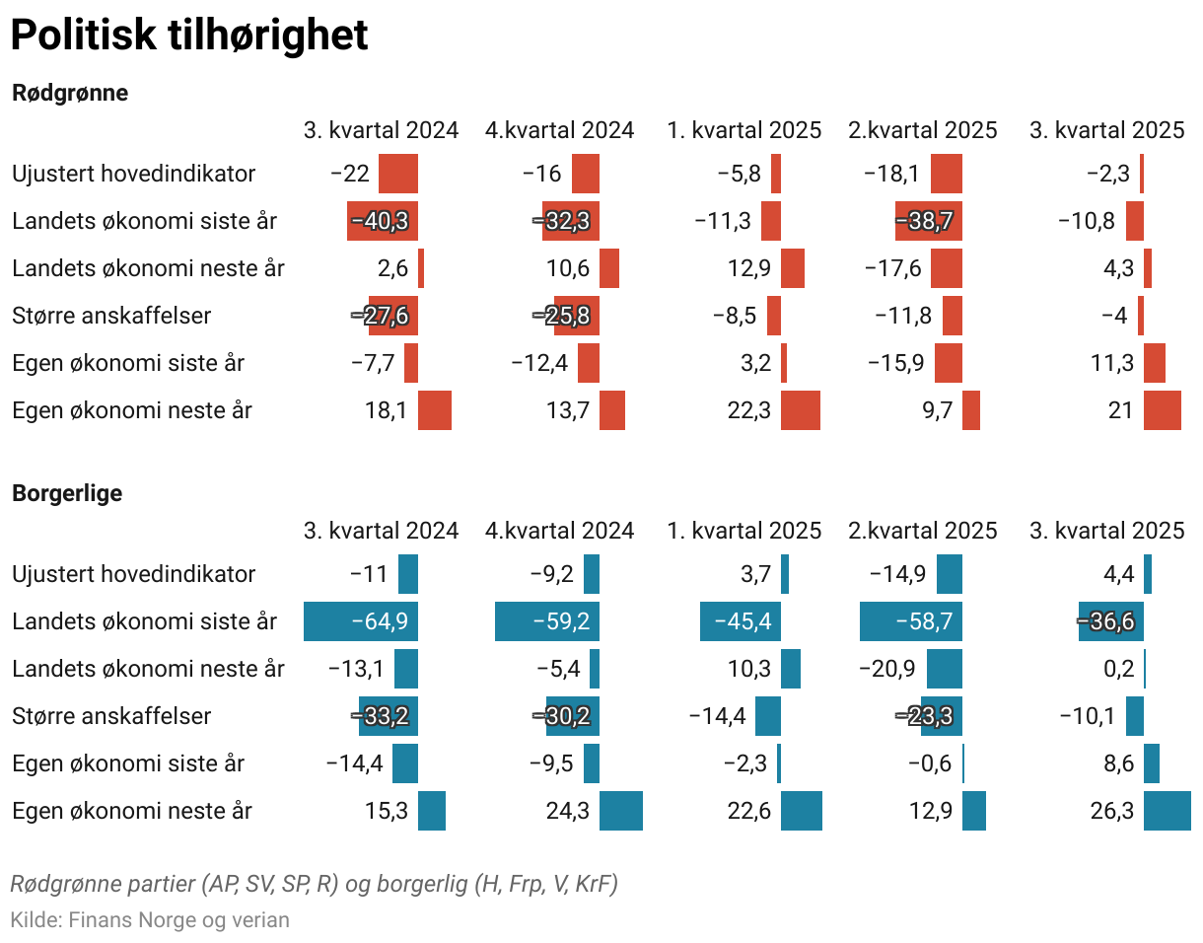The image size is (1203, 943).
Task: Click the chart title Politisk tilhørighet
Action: [188, 36]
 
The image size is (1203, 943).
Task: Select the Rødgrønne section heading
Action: [70, 94]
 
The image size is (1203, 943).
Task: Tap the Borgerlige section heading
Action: [67, 493]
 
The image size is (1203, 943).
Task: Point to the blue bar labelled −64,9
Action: [361, 621]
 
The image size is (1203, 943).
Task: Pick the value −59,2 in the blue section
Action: [560, 621]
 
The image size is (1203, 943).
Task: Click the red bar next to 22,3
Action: [800, 410]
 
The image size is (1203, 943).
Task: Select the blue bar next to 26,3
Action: [1167, 811]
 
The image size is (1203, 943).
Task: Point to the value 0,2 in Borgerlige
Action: [1119, 669]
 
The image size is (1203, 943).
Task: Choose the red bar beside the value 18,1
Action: [434, 410]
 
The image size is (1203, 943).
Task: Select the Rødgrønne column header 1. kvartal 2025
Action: [743, 130]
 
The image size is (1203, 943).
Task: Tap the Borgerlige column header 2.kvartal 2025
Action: [922, 531]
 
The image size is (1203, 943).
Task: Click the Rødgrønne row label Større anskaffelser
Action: [111, 316]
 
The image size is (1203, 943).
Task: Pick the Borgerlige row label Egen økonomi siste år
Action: [128, 763]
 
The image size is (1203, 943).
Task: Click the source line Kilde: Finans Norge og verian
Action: [150, 920]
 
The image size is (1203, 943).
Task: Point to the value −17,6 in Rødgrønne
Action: [892, 268]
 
